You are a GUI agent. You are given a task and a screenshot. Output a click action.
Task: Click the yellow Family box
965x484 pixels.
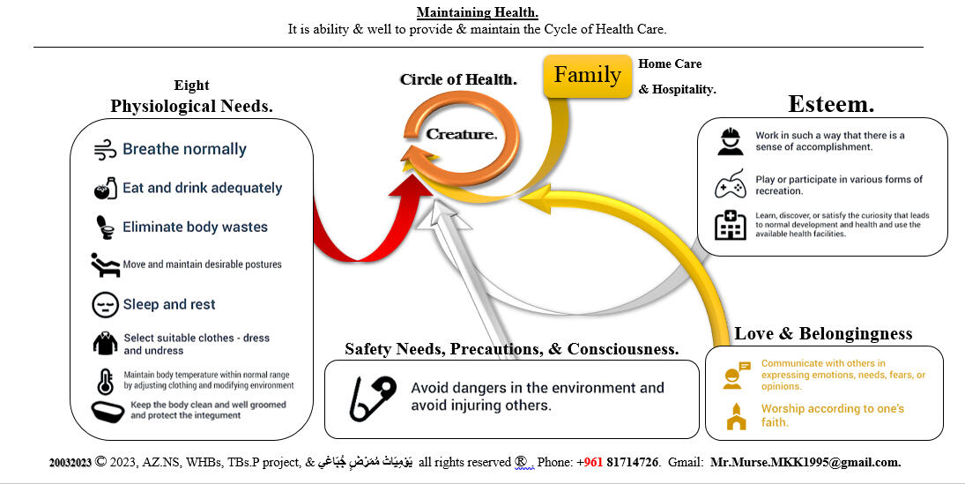(x=588, y=76)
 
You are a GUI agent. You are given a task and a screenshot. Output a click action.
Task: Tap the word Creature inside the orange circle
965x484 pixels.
(x=461, y=134)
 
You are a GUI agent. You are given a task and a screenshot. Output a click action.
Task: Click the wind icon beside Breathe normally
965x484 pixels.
(x=105, y=149)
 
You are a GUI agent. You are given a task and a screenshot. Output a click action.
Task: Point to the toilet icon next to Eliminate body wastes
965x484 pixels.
(x=105, y=227)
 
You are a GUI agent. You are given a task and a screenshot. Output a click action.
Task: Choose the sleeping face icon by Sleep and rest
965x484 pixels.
(x=105, y=304)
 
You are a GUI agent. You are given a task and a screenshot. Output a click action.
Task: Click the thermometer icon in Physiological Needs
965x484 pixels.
(x=105, y=381)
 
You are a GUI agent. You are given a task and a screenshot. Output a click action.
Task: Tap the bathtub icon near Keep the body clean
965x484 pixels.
(x=108, y=411)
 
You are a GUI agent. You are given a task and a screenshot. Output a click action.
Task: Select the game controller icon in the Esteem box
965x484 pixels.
(x=731, y=185)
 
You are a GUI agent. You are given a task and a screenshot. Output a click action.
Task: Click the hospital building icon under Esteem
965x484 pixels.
(x=730, y=226)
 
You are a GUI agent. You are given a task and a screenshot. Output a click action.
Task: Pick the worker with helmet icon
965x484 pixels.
(x=730, y=142)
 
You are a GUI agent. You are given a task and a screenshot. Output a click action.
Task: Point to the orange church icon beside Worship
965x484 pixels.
(x=735, y=415)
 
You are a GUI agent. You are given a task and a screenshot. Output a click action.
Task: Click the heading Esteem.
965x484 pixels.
(x=830, y=104)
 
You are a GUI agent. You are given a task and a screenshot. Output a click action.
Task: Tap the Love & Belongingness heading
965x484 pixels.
(x=823, y=333)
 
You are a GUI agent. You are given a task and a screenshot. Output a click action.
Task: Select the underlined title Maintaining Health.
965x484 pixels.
(x=477, y=12)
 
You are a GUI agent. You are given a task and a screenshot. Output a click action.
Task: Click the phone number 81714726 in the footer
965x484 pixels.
(x=632, y=462)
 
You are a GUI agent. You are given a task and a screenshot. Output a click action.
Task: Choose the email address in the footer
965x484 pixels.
(x=805, y=462)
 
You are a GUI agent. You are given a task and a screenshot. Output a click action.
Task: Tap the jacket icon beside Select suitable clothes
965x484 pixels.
(x=105, y=344)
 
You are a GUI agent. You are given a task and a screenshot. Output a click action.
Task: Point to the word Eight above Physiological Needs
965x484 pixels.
(x=191, y=86)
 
